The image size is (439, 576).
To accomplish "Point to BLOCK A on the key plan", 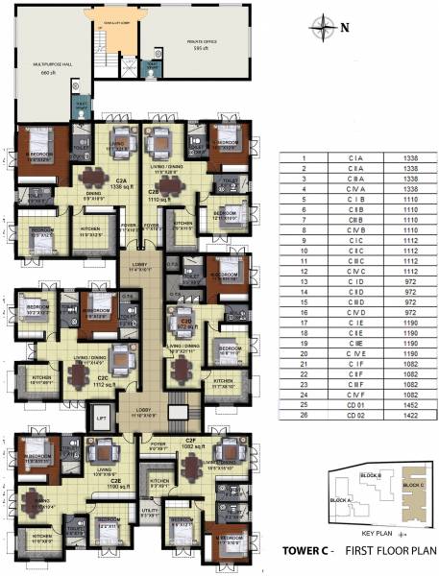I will (342, 501).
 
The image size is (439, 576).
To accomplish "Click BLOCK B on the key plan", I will (371, 476).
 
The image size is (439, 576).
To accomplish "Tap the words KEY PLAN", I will (371, 532).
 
